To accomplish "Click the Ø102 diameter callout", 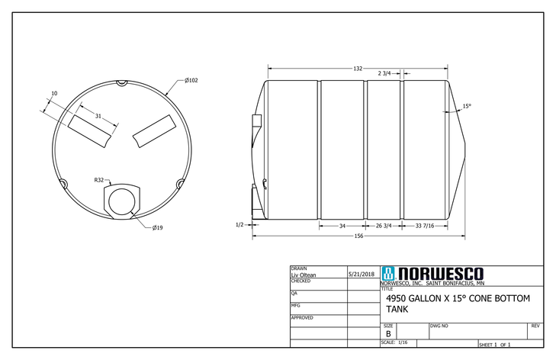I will coord(191,80).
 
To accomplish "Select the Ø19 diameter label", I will coord(158,227).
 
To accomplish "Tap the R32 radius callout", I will coord(99,180).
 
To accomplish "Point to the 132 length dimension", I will coord(357,69).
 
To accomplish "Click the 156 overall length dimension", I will coord(358,236).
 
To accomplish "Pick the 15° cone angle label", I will coord(467,107).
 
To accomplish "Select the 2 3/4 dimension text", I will coord(384,73).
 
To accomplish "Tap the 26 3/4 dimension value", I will coord(384,226).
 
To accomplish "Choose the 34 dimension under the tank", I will coord(342,226).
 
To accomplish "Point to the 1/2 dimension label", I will coord(239,225).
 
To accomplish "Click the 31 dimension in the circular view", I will coord(98,116).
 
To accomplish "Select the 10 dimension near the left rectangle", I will coord(53,94).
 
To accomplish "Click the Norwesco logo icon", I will coord(388,274).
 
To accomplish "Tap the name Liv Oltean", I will coord(304,275).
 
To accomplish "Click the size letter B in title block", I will coord(388,334).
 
